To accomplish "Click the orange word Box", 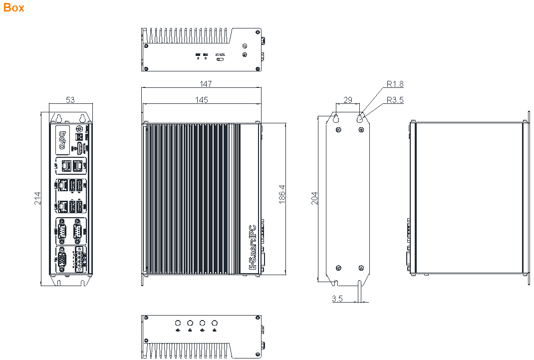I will point(13,7).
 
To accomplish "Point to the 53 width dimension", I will point(70,100).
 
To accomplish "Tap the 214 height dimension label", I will point(37,199).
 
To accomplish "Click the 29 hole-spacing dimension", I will point(348,100).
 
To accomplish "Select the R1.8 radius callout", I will point(395,84).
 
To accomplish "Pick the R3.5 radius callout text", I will point(395,100).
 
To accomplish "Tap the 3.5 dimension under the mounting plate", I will point(337,299).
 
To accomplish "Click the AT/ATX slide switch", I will point(220,59).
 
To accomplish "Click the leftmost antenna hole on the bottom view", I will point(178,322).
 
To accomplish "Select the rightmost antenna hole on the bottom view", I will point(215,322).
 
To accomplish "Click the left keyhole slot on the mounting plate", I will point(336,119).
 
